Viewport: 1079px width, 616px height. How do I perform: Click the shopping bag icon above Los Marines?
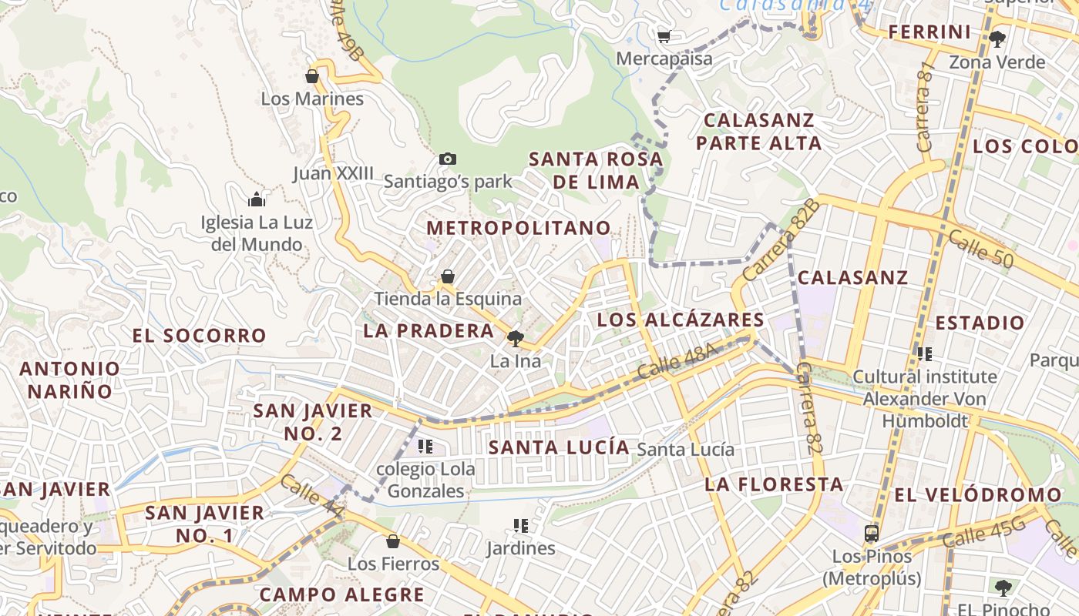point(312,76)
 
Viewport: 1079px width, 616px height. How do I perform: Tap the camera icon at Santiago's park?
point(447,159)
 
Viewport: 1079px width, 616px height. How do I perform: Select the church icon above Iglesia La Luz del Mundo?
point(257,200)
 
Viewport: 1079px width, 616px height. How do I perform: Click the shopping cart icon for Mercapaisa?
point(664,35)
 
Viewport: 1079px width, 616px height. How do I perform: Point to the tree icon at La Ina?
point(516,339)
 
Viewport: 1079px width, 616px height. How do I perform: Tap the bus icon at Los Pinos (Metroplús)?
point(872,533)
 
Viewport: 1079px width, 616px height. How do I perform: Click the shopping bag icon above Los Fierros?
point(393,541)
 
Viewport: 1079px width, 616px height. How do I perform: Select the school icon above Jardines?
point(521,526)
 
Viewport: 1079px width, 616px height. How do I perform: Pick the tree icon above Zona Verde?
point(997,39)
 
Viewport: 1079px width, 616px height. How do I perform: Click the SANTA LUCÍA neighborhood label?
point(559,447)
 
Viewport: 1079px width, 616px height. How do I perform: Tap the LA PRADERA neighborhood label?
point(429,331)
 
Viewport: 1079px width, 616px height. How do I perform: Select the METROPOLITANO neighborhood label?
point(519,228)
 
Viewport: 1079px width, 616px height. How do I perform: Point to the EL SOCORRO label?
point(199,336)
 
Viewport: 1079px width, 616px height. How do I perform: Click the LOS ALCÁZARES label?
point(681,320)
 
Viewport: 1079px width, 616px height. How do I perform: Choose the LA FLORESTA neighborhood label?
point(774,484)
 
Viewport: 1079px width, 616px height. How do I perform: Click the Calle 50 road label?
point(980,249)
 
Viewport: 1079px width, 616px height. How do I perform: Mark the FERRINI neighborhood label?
point(929,32)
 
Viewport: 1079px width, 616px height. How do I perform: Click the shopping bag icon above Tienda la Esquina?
point(448,276)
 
